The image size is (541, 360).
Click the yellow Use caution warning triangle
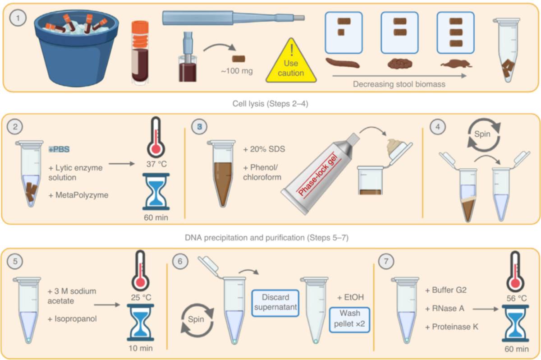[291, 63]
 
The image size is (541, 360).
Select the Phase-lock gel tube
[320, 174]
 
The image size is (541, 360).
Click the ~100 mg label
[237, 71]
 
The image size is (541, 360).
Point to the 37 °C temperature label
[156, 164]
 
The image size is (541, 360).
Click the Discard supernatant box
[275, 303]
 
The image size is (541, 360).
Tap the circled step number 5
[15, 261]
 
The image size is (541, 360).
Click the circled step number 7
[386, 261]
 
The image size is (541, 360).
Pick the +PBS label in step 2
[59, 149]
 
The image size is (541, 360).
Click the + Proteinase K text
[452, 327]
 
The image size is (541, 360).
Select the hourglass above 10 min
[141, 322]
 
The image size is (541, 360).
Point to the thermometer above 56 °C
[515, 272]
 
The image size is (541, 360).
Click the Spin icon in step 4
[484, 134]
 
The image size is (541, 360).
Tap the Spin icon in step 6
[197, 320]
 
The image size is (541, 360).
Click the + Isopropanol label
[72, 319]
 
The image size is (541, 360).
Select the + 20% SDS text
[264, 149]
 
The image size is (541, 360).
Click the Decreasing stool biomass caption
[399, 84]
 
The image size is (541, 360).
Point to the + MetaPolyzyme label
[78, 195]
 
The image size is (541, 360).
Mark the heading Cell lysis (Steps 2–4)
[270, 104]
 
